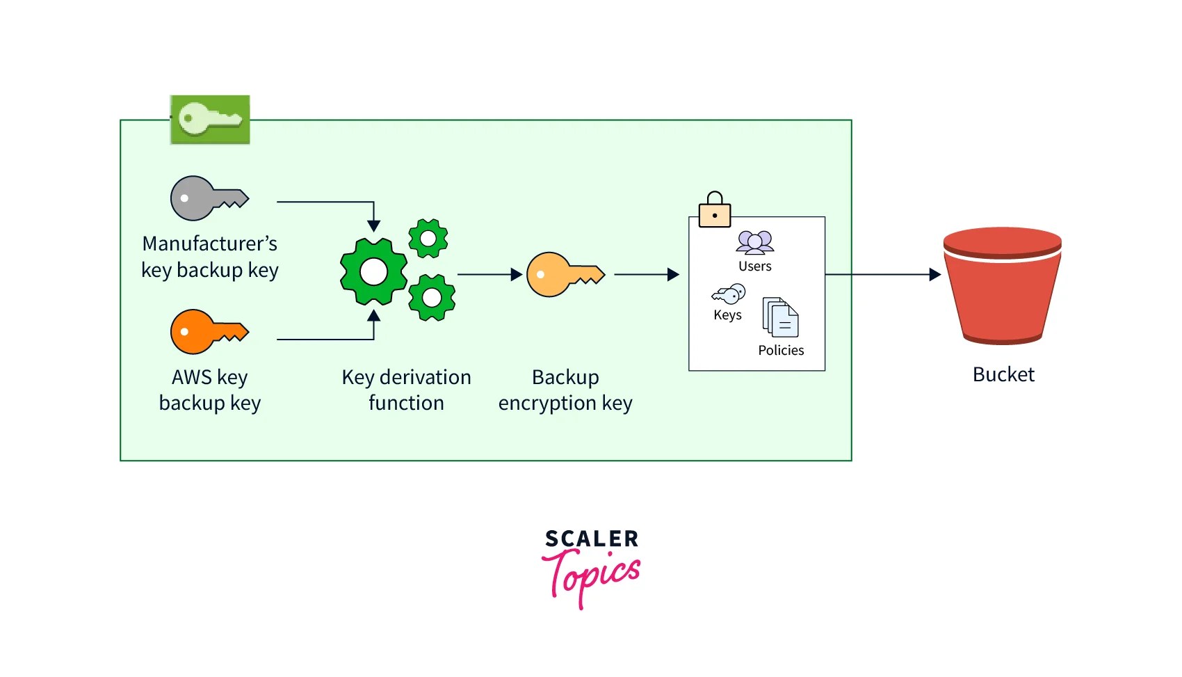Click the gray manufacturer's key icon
207,198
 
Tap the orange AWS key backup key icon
207,332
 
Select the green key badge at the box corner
210,120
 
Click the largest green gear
373,272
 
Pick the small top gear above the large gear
428,239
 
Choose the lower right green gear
432,298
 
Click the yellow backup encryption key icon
564,275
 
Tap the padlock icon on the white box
715,211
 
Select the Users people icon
755,243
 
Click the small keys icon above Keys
729,294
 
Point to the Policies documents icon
780,317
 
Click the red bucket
1002,286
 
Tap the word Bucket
1003,374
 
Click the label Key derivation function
406,390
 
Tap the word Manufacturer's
209,244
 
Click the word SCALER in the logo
591,539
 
